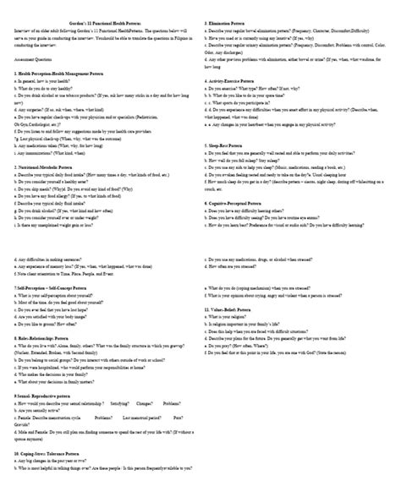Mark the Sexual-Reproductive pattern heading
[x=52, y=395]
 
